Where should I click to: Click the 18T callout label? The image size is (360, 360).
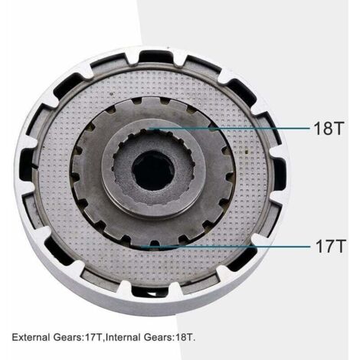coord(329,128)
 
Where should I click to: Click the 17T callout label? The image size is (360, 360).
coord(330,246)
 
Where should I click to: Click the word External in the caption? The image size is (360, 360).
coord(31,337)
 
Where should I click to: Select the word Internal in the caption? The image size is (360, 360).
coord(123,337)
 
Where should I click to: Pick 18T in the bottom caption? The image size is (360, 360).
coord(183,337)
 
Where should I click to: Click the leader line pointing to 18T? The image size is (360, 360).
coord(229,129)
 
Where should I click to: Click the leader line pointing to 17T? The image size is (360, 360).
coord(225,247)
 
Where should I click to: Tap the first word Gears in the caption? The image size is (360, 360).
coord(67,337)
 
